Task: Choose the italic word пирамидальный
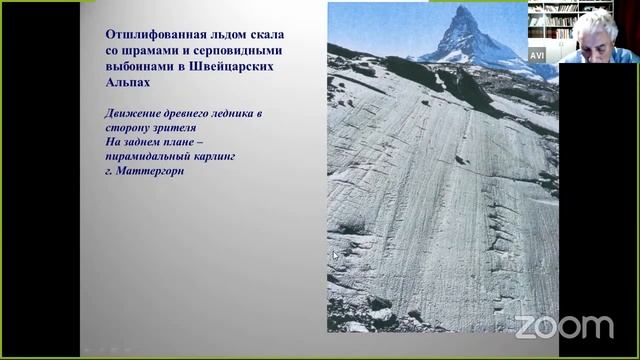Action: point(151,156)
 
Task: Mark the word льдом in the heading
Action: point(225,33)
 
